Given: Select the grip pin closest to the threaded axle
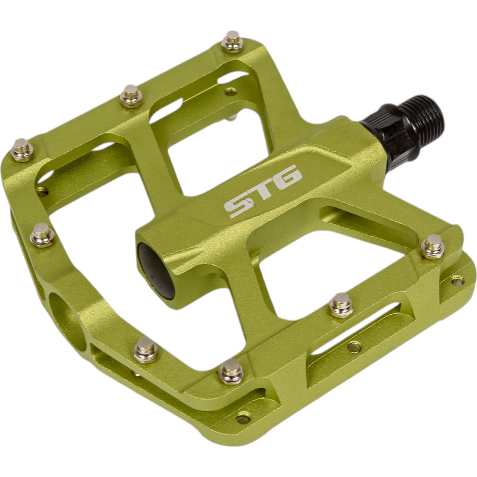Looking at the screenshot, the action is click(x=432, y=247).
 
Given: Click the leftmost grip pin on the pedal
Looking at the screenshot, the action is click(x=22, y=150).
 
